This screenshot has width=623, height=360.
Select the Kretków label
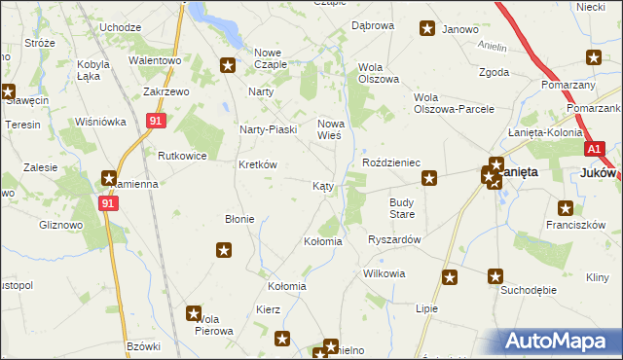click(258, 164)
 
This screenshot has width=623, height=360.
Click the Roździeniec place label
click(390, 162)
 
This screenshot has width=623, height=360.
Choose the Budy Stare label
click(402, 207)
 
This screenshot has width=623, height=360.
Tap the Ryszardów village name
click(394, 238)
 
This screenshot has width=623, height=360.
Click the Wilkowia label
click(384, 273)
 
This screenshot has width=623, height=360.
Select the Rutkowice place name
click(179, 155)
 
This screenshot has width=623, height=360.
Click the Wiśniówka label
click(101, 123)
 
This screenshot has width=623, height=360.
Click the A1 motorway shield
click(596, 149)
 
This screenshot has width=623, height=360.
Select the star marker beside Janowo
click(426, 29)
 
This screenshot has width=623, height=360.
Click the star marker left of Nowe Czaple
click(228, 66)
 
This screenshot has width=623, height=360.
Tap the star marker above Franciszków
click(566, 207)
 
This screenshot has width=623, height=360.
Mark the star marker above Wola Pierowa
click(194, 313)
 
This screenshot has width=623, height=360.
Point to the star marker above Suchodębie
click(496, 276)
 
